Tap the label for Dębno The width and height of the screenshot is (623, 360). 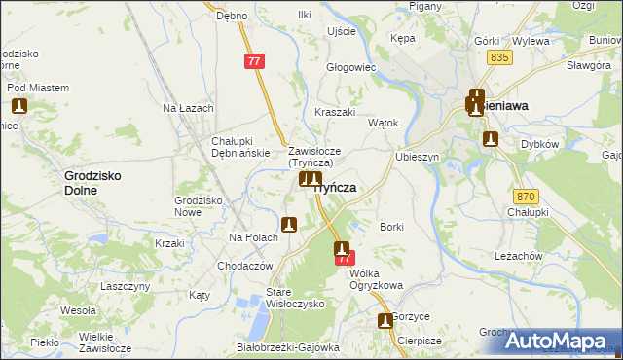click(x=233, y=17)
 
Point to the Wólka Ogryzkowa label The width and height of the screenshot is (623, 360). click(x=375, y=279)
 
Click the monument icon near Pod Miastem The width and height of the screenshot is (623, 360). click(x=19, y=105)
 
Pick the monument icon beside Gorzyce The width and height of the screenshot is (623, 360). click(x=385, y=321)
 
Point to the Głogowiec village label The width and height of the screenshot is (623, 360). click(x=351, y=67)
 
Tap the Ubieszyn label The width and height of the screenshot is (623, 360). click(x=419, y=157)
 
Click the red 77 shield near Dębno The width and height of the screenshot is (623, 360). click(x=254, y=61)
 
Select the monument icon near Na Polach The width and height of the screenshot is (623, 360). click(x=288, y=225)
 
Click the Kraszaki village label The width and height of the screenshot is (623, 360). click(x=335, y=112)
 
